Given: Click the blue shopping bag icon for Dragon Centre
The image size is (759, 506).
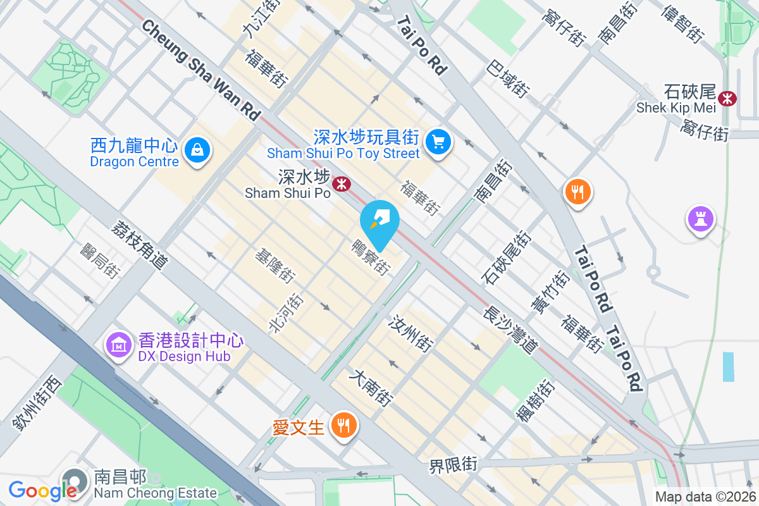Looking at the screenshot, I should tap(197, 151).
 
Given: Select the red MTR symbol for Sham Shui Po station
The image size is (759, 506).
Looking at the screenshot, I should tap(343, 184).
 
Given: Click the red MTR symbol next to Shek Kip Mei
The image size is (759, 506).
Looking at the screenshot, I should tap(728, 98).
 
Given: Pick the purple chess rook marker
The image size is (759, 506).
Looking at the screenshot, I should tap(700, 219).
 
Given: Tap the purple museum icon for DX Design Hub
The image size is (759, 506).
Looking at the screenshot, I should tap(119, 345).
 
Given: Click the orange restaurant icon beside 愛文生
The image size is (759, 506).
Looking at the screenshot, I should tap(343, 424).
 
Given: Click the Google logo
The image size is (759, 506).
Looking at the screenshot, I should tap(42, 490).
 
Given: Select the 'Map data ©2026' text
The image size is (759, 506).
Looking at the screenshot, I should tap(705, 497).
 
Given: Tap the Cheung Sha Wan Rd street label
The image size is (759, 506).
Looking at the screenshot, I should tap(202, 70).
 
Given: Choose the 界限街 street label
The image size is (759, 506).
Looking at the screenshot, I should tap(452, 466).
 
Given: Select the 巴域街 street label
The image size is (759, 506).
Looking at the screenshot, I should tap(508, 78).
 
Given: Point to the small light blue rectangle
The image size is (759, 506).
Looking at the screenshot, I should tap(729, 366).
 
